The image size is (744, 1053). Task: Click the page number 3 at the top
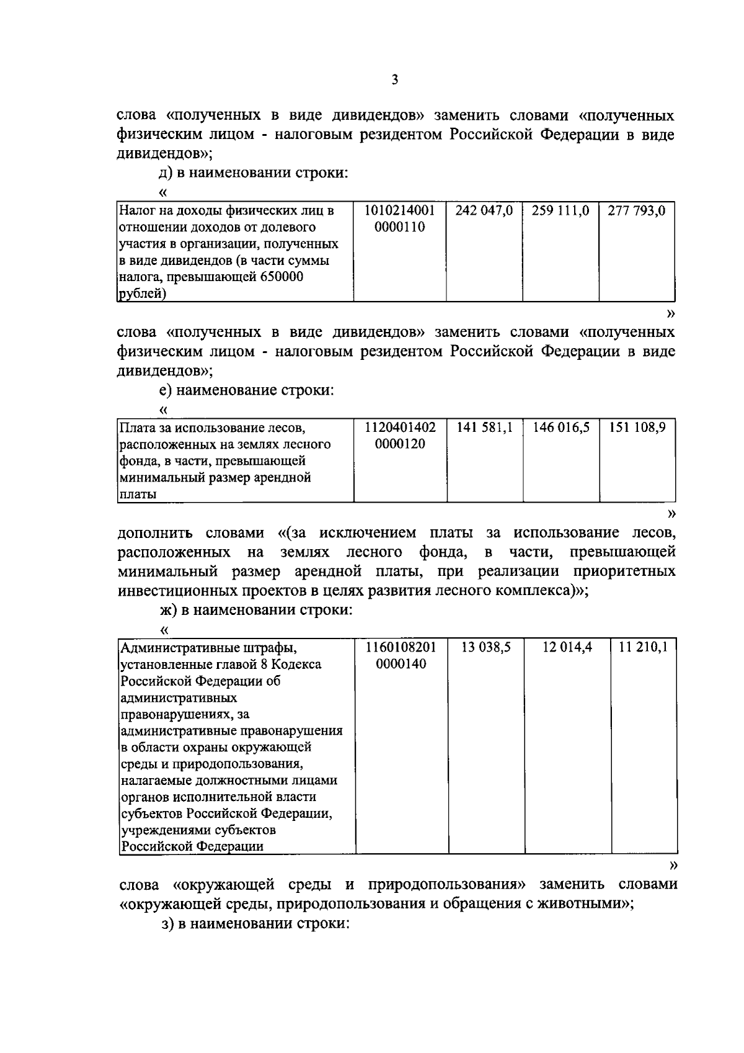(x=395, y=80)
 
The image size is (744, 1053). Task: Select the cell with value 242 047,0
(x=484, y=211)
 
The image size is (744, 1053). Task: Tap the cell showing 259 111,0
(x=560, y=211)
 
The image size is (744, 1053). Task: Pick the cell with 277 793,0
(x=636, y=211)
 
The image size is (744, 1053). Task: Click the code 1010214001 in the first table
(x=400, y=211)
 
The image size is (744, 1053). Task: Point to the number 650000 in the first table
(x=281, y=277)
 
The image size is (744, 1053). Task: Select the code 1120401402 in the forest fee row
(x=400, y=428)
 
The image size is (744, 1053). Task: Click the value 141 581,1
(x=484, y=428)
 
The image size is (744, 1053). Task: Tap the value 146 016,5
(x=560, y=428)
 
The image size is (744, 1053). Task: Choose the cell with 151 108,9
(x=637, y=428)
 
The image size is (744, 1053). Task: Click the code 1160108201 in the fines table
(x=401, y=647)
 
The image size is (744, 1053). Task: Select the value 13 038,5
(x=486, y=647)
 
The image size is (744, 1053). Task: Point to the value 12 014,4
(x=567, y=647)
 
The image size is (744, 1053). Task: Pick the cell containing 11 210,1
(x=643, y=647)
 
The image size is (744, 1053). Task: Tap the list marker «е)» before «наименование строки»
(x=165, y=391)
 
